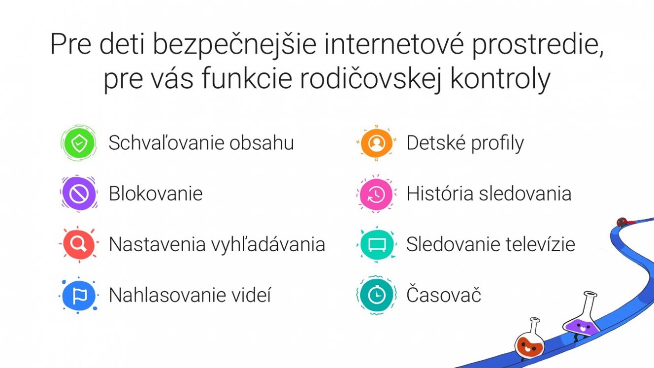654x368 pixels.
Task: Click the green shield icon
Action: coord(79,143)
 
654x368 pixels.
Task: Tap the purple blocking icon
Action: coord(79,194)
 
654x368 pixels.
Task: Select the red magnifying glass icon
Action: coord(79,244)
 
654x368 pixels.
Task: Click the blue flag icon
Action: coord(79,295)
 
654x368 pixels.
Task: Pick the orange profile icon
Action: coord(376,143)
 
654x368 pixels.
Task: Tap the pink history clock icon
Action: coord(376,194)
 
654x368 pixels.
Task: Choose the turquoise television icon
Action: coord(376,244)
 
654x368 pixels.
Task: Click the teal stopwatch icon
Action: coord(376,295)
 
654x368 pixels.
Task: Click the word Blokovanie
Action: coord(156,193)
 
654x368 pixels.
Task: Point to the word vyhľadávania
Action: coord(268,245)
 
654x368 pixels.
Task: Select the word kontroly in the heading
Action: coord(500,79)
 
